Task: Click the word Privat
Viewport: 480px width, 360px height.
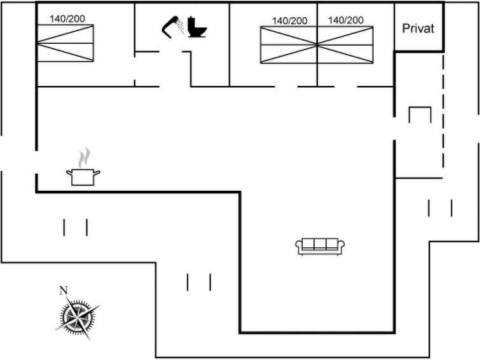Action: click(418, 29)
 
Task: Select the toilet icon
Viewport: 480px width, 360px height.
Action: click(197, 27)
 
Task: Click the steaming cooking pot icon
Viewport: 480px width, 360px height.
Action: click(83, 167)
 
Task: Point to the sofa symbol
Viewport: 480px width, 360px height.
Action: click(320, 246)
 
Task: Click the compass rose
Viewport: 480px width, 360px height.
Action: click(78, 317)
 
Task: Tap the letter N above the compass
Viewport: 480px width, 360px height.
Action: click(64, 290)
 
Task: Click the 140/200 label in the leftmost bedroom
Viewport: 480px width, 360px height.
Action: click(67, 18)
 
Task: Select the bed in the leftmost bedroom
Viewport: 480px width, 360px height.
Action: click(65, 43)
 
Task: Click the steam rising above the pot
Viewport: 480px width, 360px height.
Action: click(84, 158)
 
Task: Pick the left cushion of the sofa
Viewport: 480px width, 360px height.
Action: click(308, 244)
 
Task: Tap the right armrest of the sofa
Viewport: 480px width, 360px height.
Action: click(341, 246)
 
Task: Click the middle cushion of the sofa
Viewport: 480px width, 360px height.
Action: click(320, 244)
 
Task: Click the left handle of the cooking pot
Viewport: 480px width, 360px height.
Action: click(69, 173)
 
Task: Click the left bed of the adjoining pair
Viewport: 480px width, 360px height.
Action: click(289, 45)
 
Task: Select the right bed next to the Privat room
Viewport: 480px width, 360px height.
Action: click(345, 45)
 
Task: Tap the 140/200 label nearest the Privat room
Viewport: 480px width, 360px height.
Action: click(346, 20)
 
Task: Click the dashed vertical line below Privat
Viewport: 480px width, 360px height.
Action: click(443, 111)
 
